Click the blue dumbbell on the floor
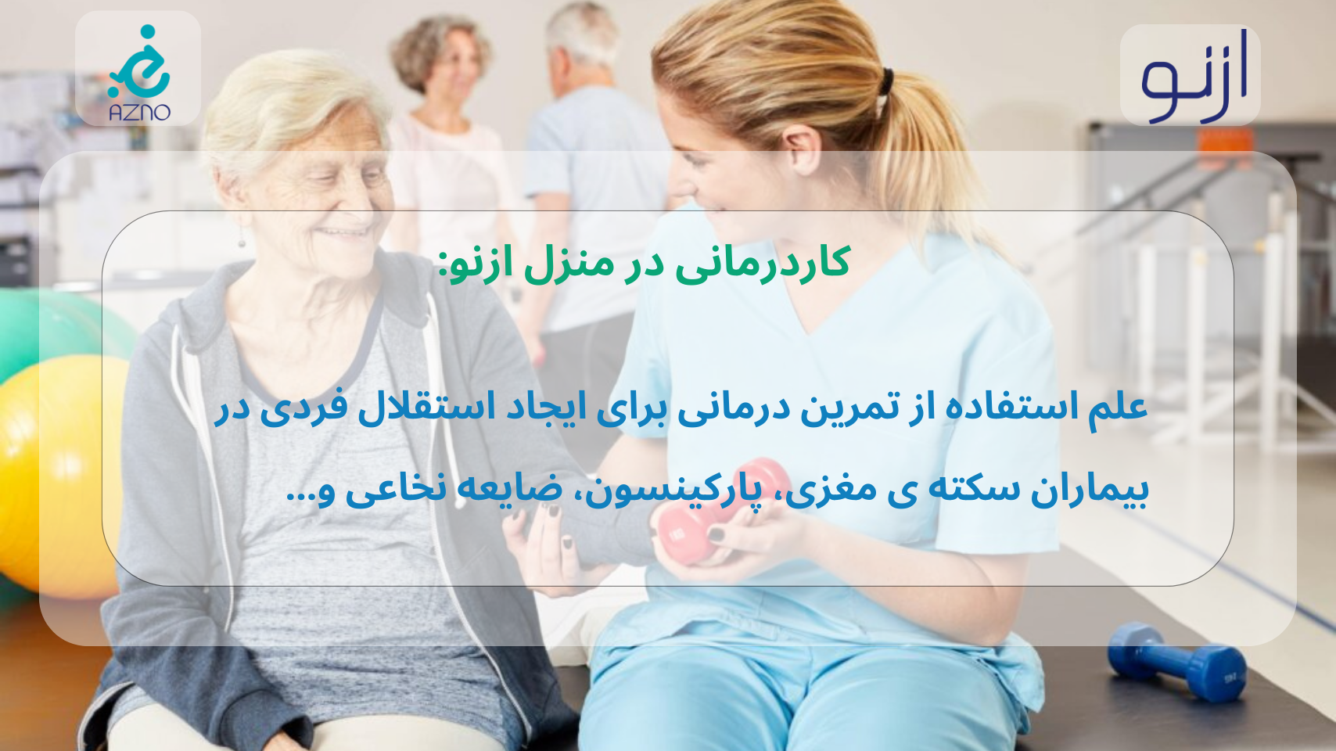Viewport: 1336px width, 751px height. coord(1176,661)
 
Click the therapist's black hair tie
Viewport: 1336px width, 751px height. coord(886,81)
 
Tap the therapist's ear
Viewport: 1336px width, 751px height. coord(803,150)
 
